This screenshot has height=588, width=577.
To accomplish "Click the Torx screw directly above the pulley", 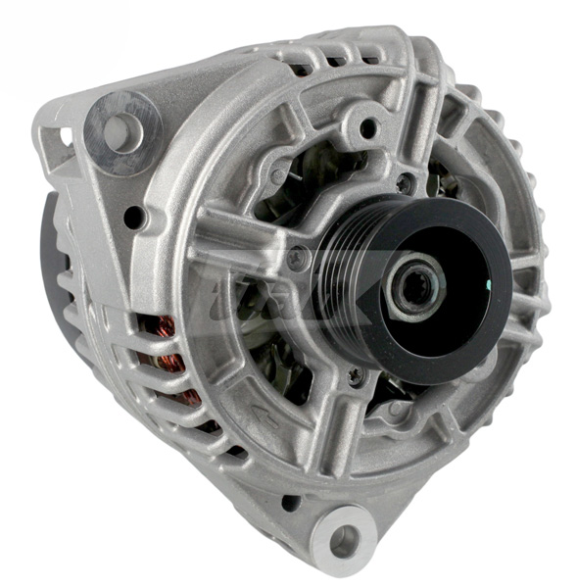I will coord(404,183).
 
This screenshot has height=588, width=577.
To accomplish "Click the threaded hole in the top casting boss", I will coord(369,127).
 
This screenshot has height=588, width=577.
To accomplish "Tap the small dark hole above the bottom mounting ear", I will coord(291,503).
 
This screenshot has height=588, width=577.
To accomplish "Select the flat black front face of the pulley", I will coord(460,314).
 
